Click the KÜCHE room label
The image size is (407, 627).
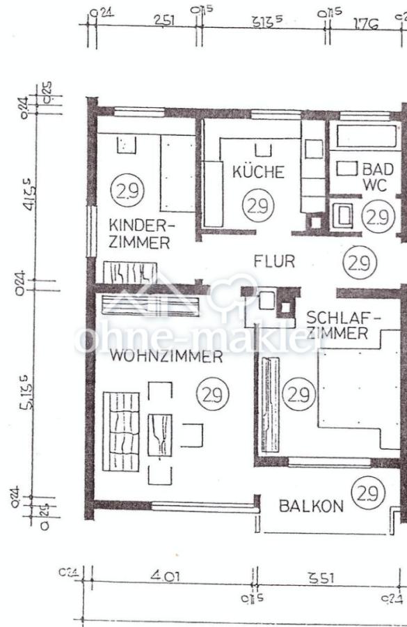(258, 172)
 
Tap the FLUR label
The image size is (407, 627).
(274, 262)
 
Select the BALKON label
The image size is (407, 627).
(311, 506)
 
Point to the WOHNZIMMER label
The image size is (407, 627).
(166, 357)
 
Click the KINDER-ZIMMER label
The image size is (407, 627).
(140, 234)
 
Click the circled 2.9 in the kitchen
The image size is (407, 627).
(258, 206)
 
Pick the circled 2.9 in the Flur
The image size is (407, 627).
(360, 263)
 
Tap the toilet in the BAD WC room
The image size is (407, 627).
(344, 215)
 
